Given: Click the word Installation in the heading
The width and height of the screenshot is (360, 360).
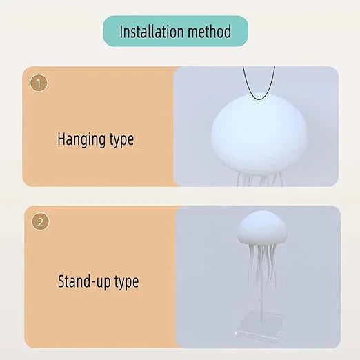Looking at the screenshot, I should (x=152, y=32).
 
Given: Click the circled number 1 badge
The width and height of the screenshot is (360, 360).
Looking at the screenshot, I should (x=39, y=83).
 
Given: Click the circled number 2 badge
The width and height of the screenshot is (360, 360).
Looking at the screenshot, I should (x=40, y=222).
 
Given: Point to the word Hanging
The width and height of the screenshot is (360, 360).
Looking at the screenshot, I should (x=81, y=140).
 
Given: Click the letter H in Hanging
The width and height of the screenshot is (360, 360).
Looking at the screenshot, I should (x=61, y=139).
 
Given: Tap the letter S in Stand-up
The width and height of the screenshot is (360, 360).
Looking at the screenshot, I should (x=61, y=281).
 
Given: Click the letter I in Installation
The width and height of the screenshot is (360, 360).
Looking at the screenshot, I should (x=122, y=32).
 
